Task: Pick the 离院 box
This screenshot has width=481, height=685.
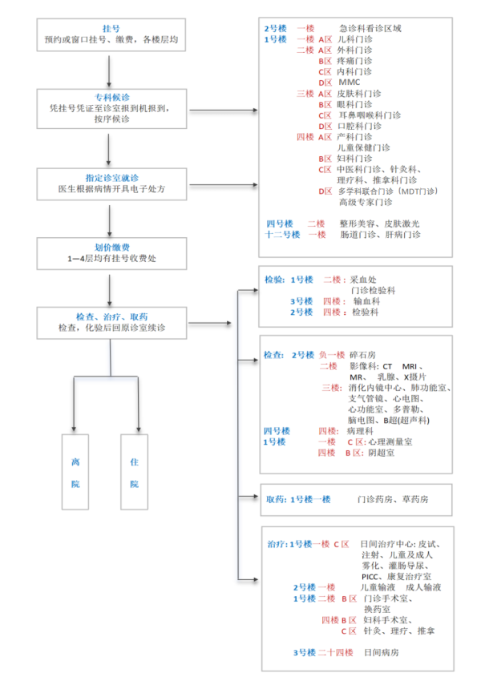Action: pos(75,473)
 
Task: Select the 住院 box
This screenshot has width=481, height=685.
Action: pos(134,473)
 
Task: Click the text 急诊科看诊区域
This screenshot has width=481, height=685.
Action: pos(370,28)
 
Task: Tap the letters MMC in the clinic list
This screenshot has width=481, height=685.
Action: pos(350,82)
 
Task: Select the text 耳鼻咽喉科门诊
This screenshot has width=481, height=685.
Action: pos(370,115)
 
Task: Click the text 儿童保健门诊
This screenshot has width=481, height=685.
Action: pos(364,147)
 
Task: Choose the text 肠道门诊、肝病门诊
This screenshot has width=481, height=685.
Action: pos(380,234)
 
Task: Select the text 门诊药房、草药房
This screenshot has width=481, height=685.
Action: pos(393,499)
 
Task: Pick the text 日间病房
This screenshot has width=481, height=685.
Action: pos(380,653)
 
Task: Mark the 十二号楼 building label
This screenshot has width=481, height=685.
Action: pos(283,234)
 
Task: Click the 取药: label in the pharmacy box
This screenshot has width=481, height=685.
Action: pos(277,499)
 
